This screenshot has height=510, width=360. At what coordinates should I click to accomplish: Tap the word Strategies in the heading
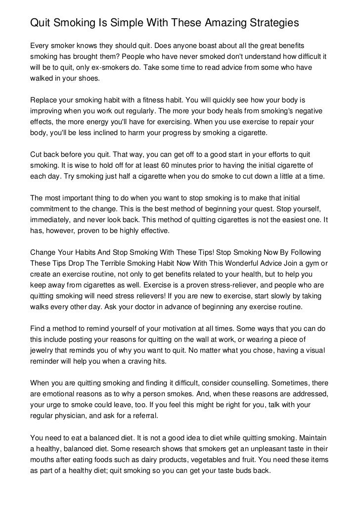[x=274, y=23]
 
